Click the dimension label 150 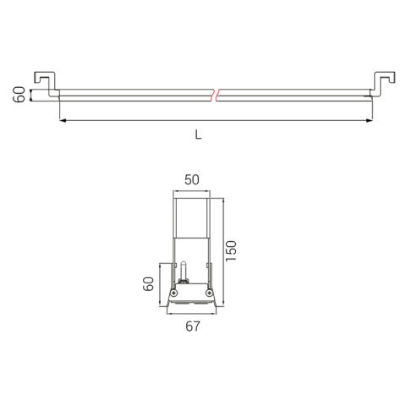(231, 251)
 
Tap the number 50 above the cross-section (192, 180)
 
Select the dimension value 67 (193, 326)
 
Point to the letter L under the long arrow (199, 135)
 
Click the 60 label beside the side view (19, 95)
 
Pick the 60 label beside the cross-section (148, 284)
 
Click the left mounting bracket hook (47, 84)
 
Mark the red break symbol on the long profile (215, 95)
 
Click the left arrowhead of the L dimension (63, 121)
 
